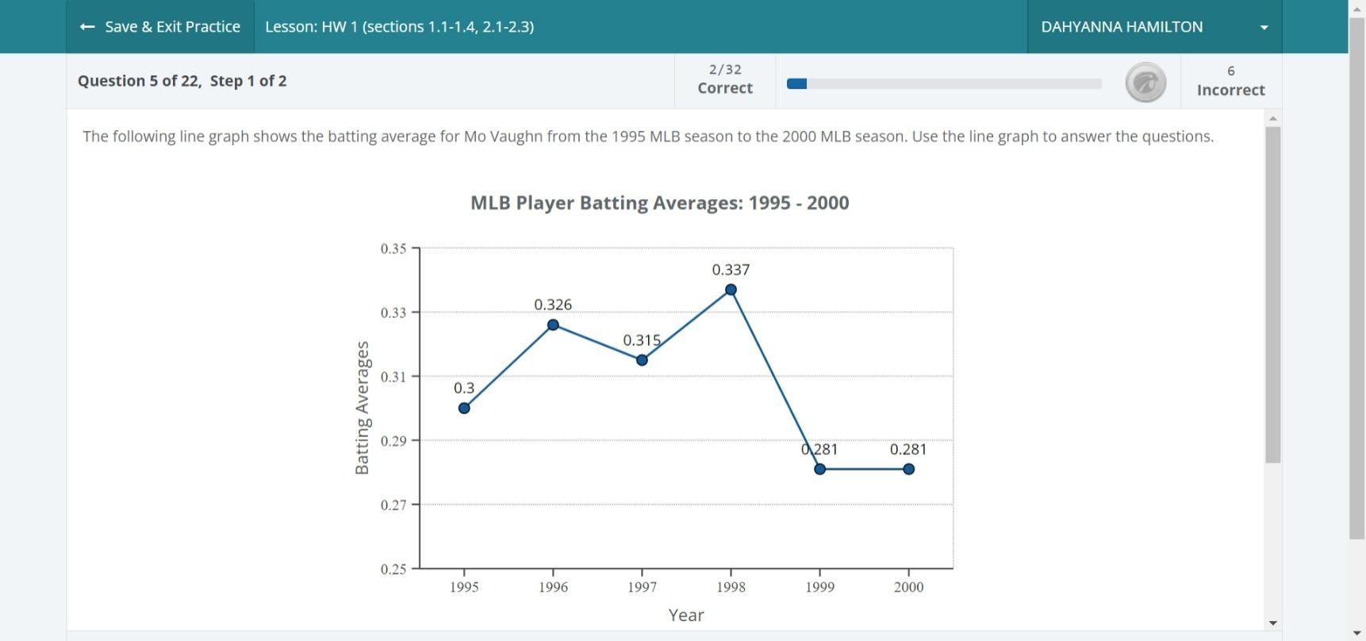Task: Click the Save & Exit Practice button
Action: tap(160, 27)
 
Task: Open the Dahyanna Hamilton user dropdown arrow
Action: tap(1264, 28)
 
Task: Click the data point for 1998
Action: tap(731, 290)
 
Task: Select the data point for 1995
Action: tap(464, 409)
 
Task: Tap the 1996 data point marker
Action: tap(553, 325)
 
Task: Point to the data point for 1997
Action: tap(642, 360)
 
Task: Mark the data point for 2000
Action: tap(908, 470)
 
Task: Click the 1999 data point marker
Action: tap(819, 470)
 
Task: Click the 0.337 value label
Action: tap(731, 270)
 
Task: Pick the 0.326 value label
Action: tap(553, 305)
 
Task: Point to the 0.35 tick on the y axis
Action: tap(393, 248)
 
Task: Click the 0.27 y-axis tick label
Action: tap(393, 505)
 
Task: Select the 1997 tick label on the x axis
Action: tap(642, 587)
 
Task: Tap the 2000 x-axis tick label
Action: tap(908, 587)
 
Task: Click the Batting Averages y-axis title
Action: tap(363, 408)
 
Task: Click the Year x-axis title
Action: tap(686, 615)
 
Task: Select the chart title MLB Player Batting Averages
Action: tap(659, 203)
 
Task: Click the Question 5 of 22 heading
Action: tap(182, 81)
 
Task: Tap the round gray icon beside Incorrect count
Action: tap(1145, 83)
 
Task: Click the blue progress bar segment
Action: tap(796, 83)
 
